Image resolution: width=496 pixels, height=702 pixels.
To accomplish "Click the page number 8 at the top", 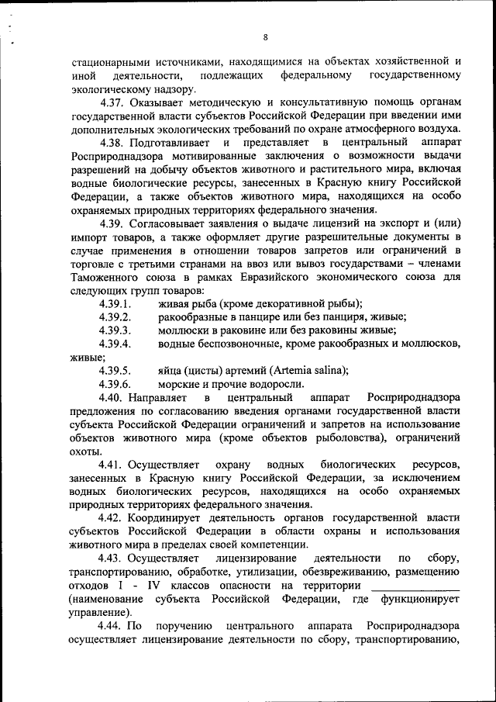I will coord(265,36).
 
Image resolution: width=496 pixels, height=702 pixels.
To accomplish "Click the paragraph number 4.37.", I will coord(113,102).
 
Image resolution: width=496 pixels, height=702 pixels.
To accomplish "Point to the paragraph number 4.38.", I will coord(113,143).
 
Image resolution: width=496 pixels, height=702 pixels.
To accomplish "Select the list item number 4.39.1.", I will coord(115,303).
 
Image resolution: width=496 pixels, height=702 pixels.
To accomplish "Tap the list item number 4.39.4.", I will coord(115,344).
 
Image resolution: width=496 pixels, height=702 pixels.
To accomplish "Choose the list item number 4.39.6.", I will coord(115,384).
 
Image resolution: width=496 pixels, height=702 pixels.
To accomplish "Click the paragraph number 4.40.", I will coord(113,397).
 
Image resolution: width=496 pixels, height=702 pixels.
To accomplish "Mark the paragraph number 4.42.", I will coord(113,518).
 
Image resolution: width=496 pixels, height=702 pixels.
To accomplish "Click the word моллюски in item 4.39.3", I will coord(182,330).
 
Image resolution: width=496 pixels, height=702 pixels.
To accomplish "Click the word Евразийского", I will coord(267,277).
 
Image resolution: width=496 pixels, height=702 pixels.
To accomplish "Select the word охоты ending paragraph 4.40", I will coord(84,451).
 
